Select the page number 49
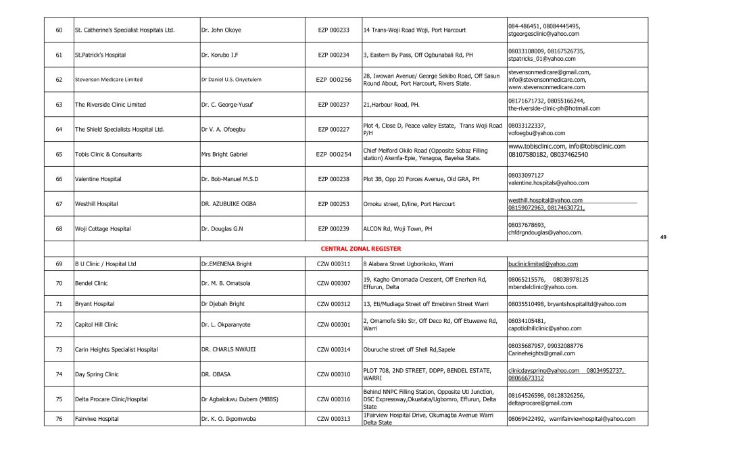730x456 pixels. pos(663,237)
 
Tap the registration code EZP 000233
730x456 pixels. pos(334,30)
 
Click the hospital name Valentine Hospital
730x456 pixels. pos(98,179)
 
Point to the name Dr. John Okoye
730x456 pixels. pos(221,30)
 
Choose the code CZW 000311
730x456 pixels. pos(334,264)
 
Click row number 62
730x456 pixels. pos(59,79)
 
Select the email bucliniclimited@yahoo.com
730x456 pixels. pos(543,264)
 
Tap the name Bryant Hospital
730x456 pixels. pos(95,304)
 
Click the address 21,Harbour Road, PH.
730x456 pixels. pos(391,105)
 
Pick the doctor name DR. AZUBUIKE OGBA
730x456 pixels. pos(228,204)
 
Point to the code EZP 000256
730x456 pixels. pos(334,79)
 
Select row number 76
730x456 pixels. pos(59,419)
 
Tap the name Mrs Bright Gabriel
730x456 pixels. pos(224,154)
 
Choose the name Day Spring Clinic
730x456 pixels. pos(97,374)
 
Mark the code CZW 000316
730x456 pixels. pos(334,399)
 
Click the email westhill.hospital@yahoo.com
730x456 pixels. pos(545,201)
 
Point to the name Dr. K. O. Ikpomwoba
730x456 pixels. pos(230,419)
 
